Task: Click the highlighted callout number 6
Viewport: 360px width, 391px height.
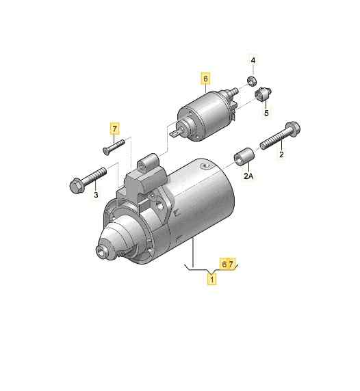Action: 205,79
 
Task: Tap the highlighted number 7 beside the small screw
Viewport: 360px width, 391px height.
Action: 115,128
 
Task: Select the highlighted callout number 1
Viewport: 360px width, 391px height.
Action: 213,279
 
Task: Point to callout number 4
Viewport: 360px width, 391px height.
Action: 253,62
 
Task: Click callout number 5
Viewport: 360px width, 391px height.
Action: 266,112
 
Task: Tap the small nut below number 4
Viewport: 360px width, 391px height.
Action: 252,82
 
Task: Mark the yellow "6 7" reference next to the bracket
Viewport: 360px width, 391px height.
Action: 227,263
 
